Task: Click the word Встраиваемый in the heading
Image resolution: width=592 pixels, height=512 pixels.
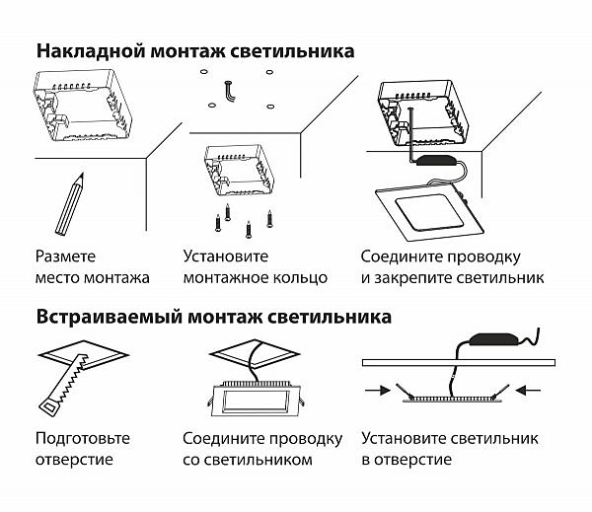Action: (x=104, y=318)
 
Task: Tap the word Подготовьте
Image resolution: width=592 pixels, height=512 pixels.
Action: (x=82, y=438)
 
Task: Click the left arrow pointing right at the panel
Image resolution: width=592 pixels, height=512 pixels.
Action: (x=376, y=391)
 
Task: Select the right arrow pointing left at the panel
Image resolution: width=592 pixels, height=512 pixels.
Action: (x=530, y=391)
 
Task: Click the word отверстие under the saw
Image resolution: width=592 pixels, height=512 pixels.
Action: (x=74, y=460)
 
